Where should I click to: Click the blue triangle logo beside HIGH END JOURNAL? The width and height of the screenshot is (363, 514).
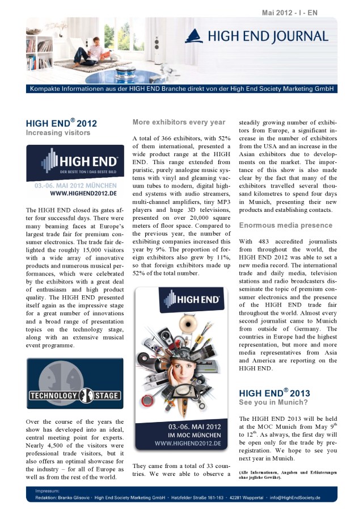point(193,36)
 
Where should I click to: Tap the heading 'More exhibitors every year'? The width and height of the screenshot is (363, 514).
point(179,122)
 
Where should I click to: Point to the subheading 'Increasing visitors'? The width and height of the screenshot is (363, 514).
point(58,133)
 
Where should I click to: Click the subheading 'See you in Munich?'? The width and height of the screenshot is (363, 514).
point(273,403)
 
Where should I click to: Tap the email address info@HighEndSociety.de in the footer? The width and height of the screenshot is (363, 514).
point(294,498)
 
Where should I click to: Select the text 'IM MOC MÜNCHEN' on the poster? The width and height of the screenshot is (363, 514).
point(183,434)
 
